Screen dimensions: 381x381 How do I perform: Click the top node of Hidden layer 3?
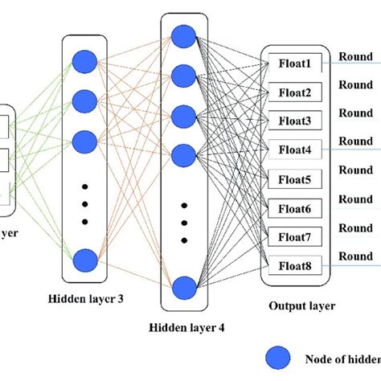pos(85,61)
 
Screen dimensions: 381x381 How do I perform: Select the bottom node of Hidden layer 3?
pos(85,260)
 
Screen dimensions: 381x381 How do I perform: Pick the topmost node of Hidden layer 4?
pos(184,36)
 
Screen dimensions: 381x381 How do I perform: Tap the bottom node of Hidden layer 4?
pos(184,286)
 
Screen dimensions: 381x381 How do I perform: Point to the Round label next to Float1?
pos(354,57)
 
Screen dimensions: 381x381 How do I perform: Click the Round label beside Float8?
pos(354,256)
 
